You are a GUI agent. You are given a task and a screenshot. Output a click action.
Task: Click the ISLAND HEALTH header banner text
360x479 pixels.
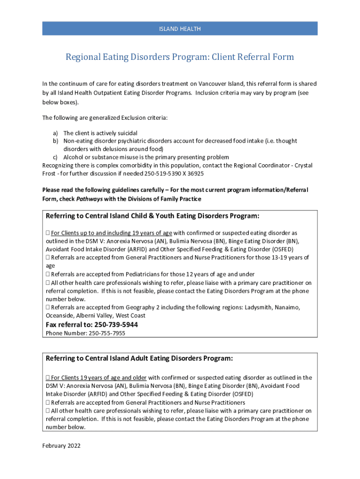pos(180,29)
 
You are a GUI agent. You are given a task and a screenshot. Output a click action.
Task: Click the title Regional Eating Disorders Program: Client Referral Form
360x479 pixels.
pos(180,57)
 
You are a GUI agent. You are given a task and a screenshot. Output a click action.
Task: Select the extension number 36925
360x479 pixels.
pos(195,174)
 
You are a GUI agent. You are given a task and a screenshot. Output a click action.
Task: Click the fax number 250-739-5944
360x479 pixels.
pos(116,325)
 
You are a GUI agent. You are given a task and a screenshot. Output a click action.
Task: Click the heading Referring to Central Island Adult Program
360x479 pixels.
pos(139,358)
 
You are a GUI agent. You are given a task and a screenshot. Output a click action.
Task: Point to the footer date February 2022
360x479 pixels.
pos(61,446)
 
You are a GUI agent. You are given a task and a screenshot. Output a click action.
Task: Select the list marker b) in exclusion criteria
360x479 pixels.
pos(55,141)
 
